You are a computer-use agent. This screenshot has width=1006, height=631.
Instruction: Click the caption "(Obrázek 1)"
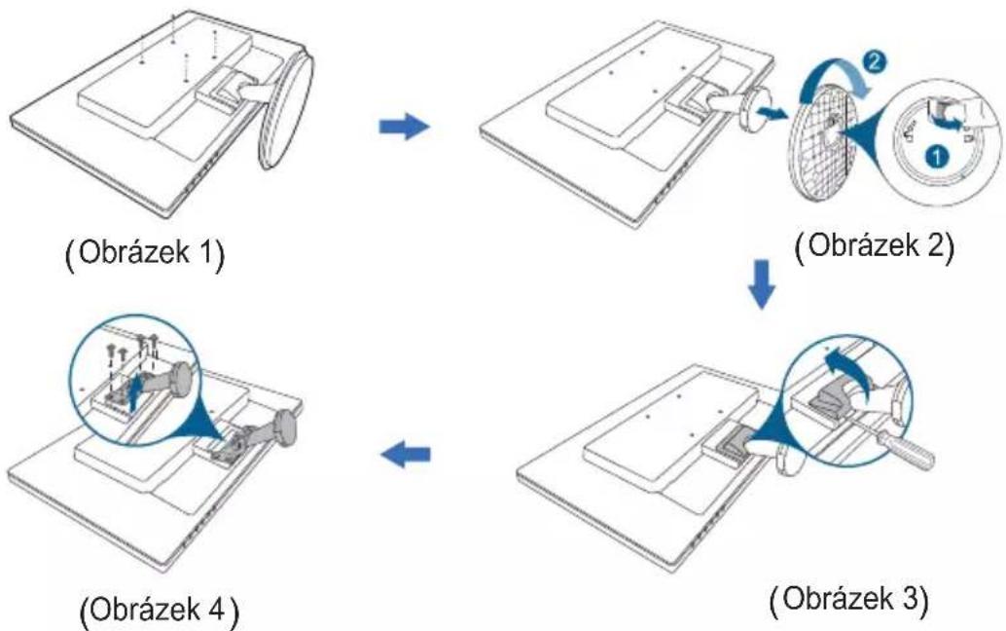click(145, 254)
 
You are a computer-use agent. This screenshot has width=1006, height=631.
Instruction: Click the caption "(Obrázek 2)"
click(875, 245)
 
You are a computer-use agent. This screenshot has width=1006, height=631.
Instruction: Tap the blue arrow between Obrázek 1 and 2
click(404, 127)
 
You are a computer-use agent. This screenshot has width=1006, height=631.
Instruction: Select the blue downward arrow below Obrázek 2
click(762, 283)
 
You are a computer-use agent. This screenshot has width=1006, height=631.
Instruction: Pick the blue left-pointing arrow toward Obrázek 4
click(405, 455)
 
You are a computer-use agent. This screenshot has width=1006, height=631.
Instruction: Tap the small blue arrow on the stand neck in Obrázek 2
click(771, 113)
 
